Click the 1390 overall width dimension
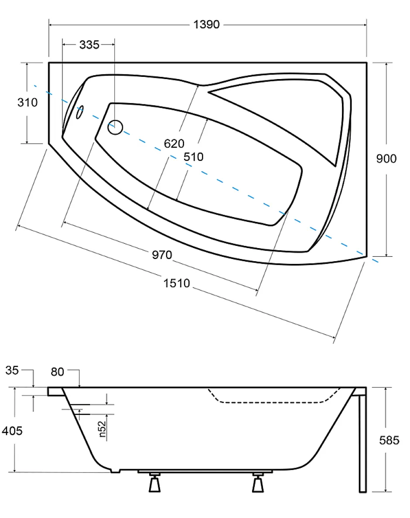pos(206,24)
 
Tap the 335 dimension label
pos(89,45)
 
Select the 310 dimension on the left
pos(27,102)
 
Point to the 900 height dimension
pos(386,159)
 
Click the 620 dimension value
pos(174,144)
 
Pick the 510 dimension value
pos(194,157)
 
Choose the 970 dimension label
pos(162,255)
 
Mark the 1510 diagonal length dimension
pos(177,283)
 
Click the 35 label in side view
pos(12,370)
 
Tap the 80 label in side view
pos(58,372)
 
